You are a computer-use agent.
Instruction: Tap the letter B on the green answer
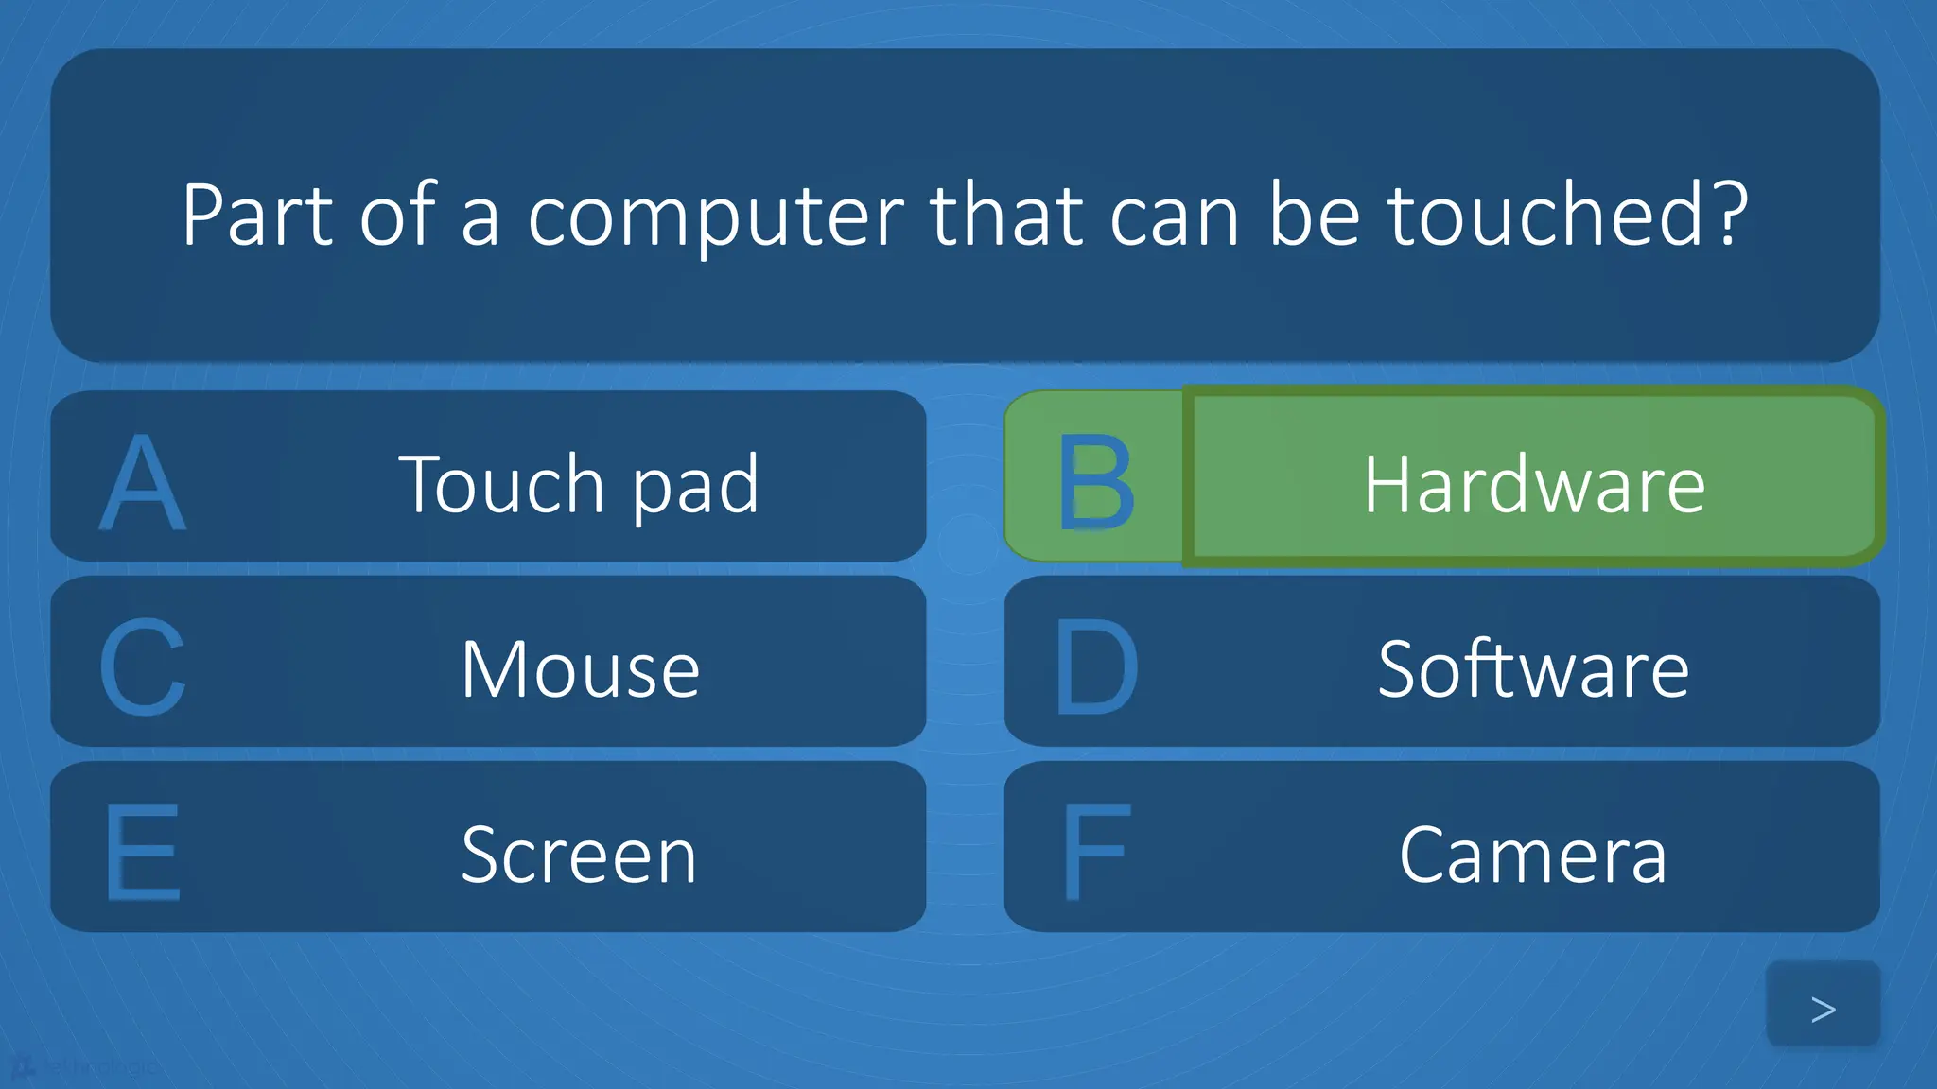click(1095, 482)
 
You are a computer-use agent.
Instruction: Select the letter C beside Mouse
click(142, 667)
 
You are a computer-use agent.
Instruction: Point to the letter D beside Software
click(1095, 667)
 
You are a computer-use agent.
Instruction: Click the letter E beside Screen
click(142, 853)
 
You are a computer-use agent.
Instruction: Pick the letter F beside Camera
click(1095, 853)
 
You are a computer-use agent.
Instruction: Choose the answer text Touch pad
click(579, 484)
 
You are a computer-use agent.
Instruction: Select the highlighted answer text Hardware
click(1534, 484)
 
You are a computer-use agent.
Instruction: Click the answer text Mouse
click(580, 669)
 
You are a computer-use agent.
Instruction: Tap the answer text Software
click(1533, 669)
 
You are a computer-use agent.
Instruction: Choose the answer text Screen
click(579, 855)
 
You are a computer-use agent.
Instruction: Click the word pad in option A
click(695, 486)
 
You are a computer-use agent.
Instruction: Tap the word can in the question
click(1174, 219)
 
